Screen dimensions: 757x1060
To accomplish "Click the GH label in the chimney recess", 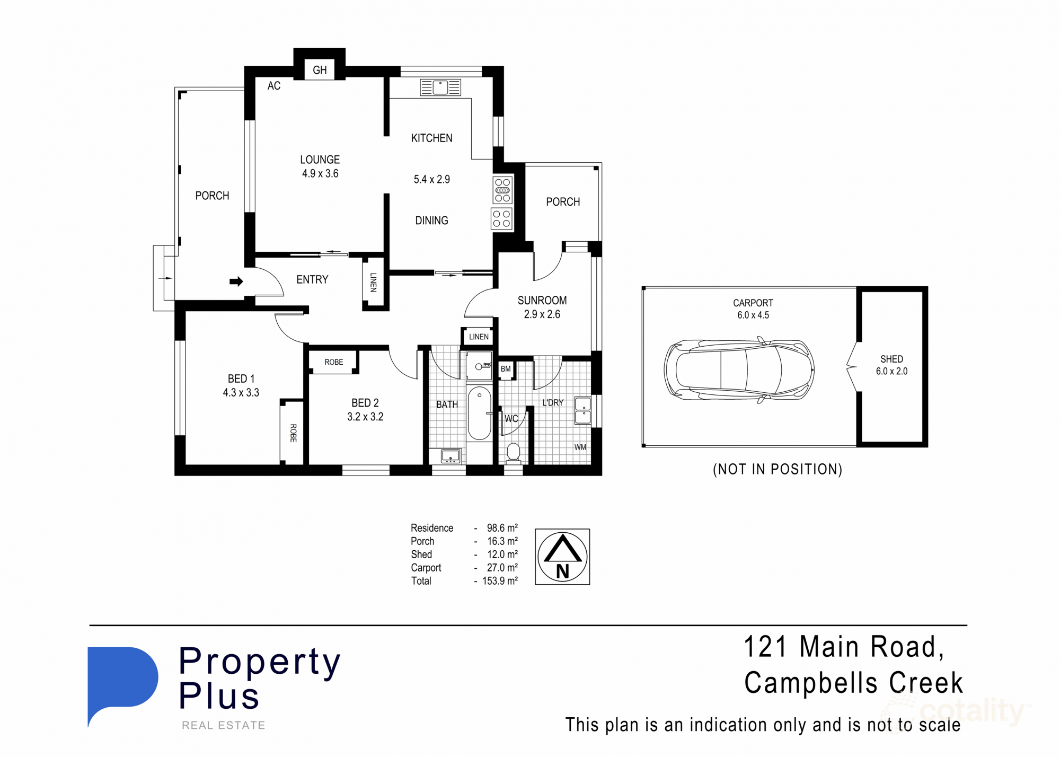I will coord(320,70).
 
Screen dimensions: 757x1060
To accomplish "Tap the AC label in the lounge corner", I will coord(273,86).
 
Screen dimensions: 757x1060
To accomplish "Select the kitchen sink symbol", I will coord(440,87).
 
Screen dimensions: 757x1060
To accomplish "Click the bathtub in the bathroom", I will coord(479,413).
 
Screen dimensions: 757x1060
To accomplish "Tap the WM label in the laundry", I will coord(580,447).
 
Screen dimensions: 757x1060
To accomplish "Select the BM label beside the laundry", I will coord(506,369).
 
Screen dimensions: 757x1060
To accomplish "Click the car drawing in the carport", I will coord(739,370).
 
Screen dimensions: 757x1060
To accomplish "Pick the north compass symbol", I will coord(562,557).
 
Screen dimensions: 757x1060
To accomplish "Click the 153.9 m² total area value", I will coord(499,581).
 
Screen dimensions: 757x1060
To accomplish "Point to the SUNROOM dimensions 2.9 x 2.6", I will coord(542,314).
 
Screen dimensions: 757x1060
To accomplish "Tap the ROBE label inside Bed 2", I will coord(333,362).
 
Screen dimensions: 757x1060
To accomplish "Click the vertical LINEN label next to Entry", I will coord(373,283).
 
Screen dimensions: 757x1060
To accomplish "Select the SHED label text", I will coord(891,359).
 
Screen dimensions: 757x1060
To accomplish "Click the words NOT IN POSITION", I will coord(778,469).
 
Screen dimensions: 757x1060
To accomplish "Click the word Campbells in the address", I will coord(812,683).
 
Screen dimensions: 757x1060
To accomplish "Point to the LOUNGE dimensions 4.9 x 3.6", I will coord(320,173).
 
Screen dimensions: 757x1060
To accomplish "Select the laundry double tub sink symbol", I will coord(582,411).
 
